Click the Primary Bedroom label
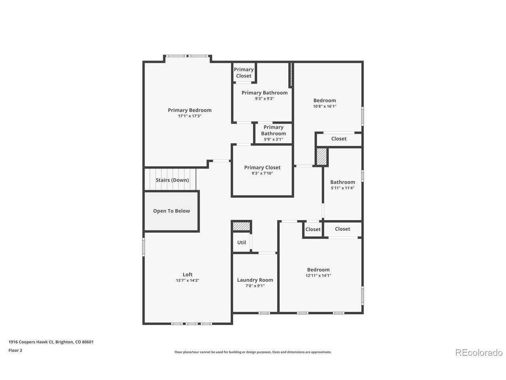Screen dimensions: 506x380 click(189, 110)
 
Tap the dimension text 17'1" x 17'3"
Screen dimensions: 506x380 click(189, 116)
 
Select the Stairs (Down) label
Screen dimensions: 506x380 click(172, 180)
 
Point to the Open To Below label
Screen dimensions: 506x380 click(171, 211)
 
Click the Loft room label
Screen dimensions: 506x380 click(187, 275)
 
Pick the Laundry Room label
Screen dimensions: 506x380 click(255, 280)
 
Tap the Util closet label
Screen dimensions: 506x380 click(242, 243)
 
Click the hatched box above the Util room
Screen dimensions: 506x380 click(241, 226)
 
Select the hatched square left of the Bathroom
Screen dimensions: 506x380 click(321, 156)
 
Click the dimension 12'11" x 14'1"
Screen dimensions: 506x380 click(318, 275)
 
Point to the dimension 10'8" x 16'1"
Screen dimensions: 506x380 click(325, 106)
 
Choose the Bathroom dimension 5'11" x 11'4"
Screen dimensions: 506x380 click(343, 188)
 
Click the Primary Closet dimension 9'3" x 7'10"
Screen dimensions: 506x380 click(262, 173)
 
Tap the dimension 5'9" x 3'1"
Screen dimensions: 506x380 click(274, 139)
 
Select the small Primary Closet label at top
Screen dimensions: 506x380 click(244, 73)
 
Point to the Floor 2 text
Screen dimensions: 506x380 click(15, 350)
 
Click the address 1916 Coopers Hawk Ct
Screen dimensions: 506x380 click(31, 342)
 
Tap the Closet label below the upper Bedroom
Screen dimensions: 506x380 click(339, 139)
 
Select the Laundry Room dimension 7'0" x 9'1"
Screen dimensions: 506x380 click(255, 286)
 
